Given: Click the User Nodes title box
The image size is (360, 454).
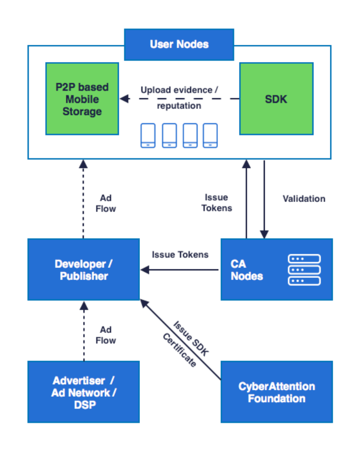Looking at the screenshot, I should pos(179,44).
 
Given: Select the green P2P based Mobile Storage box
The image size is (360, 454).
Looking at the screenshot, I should pos(82,99).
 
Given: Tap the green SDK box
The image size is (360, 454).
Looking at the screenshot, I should pos(276,99).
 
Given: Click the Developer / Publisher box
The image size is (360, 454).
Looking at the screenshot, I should pos(84,270).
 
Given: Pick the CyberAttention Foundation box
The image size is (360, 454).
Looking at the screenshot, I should pos(276,392).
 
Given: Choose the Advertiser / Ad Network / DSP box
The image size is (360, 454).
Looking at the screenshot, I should pos(84,392).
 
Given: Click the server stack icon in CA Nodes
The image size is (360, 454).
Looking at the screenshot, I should pos(304,270).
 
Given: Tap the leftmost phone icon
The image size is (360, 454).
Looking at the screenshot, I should pos(148,136).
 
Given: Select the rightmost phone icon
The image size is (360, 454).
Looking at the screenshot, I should pos(210,136).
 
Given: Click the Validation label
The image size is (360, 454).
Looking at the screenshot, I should pos(304,199).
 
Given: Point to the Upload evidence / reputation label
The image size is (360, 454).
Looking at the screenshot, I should pos(179,98).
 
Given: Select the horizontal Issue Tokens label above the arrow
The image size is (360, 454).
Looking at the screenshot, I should pos(180,255).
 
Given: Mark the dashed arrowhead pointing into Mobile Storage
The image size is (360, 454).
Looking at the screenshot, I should pos(124,99).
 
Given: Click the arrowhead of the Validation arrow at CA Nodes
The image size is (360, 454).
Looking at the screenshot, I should pos(264,234).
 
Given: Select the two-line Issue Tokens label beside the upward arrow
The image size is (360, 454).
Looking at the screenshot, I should pos(218,202).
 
